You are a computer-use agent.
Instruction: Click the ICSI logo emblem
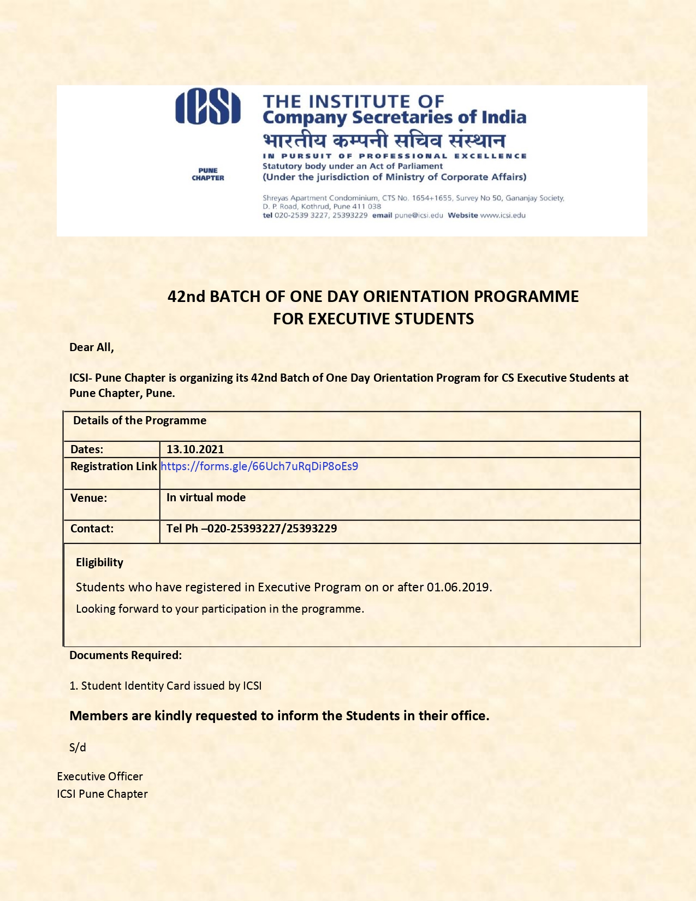click(208, 108)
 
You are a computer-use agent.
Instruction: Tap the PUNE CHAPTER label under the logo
click(208, 174)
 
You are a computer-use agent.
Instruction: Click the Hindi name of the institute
click(384, 140)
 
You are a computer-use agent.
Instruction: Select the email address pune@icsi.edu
click(419, 215)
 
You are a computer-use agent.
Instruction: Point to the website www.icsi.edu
click(503, 215)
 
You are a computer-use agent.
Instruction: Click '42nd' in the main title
click(186, 297)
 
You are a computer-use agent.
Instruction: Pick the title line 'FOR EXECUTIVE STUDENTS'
click(373, 319)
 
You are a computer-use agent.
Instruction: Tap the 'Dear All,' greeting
click(92, 347)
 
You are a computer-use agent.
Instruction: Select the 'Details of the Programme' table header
click(140, 420)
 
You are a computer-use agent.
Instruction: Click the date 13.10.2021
click(195, 449)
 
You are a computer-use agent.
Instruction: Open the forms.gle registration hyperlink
click(259, 466)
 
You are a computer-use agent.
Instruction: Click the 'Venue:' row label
click(89, 498)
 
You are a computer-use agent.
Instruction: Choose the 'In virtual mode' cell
click(206, 497)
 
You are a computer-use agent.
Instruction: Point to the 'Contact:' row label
click(92, 529)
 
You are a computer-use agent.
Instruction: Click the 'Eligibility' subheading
click(99, 562)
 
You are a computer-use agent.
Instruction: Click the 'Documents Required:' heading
click(126, 655)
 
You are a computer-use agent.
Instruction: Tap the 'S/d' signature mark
click(78, 748)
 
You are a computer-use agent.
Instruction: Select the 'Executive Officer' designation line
click(100, 776)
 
